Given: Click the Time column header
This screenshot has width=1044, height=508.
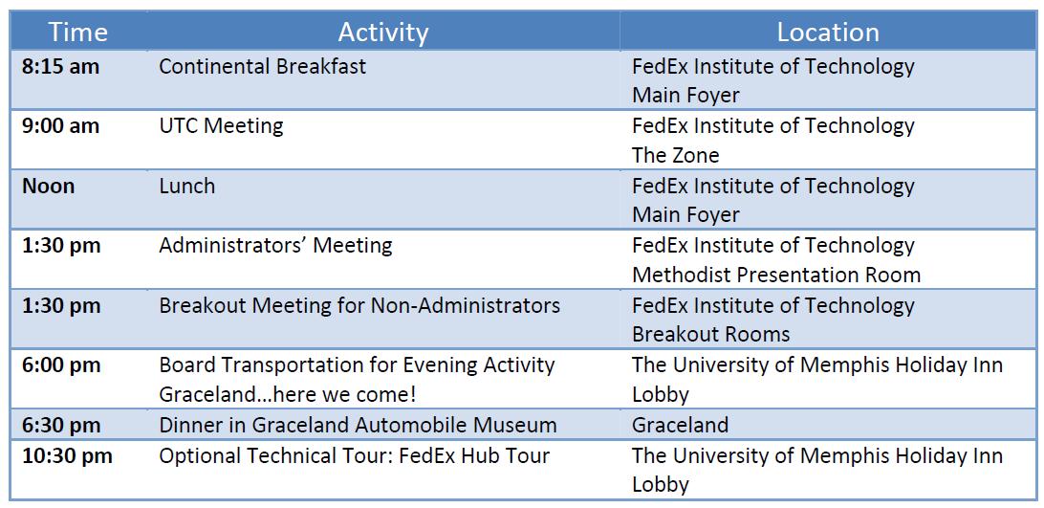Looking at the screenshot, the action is [x=77, y=32].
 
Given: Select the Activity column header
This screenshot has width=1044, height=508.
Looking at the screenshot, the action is [x=382, y=32].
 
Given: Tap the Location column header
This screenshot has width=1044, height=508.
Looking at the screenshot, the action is [x=828, y=32].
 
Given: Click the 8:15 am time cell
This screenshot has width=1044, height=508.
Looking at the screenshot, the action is [x=60, y=67].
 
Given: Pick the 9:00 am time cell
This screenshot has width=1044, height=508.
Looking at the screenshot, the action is [x=60, y=126].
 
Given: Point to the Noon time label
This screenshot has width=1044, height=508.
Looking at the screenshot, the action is [x=49, y=186].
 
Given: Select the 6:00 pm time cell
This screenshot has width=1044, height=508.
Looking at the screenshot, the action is [x=61, y=364].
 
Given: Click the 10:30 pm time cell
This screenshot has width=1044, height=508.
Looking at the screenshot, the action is [x=67, y=456].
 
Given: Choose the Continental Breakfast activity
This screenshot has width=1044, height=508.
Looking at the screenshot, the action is [x=262, y=67].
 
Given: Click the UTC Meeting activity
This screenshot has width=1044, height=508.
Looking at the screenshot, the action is [x=221, y=126].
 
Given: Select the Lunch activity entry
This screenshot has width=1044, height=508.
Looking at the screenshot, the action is [x=187, y=186].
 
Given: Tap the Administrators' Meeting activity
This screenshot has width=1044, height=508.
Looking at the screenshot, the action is [x=275, y=245].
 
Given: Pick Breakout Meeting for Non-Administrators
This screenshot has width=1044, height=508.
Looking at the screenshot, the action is [x=359, y=305].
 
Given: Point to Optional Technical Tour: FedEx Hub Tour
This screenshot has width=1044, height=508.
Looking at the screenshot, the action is [x=354, y=456].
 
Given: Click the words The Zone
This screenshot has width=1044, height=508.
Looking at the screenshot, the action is [x=676, y=155].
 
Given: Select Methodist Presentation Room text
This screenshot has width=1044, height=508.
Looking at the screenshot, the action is [x=776, y=275].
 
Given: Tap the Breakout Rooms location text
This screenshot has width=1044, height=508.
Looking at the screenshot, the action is [x=711, y=333].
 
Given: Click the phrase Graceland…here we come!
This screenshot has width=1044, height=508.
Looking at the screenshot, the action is [x=288, y=394].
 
